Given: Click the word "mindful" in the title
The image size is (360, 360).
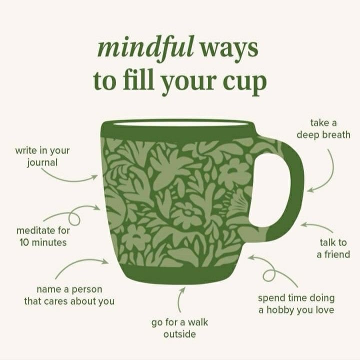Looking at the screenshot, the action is (x=146, y=49).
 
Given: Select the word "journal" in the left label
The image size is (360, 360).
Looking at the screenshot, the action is (x=42, y=163).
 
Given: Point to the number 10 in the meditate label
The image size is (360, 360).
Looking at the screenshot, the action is (x=24, y=242).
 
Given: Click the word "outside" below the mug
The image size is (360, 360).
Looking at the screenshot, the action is (x=179, y=334).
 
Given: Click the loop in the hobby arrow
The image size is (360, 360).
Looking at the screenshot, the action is (x=269, y=275).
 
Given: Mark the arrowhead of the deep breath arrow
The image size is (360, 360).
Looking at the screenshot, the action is (x=310, y=190).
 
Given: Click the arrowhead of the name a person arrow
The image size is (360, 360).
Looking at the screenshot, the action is (x=105, y=261).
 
